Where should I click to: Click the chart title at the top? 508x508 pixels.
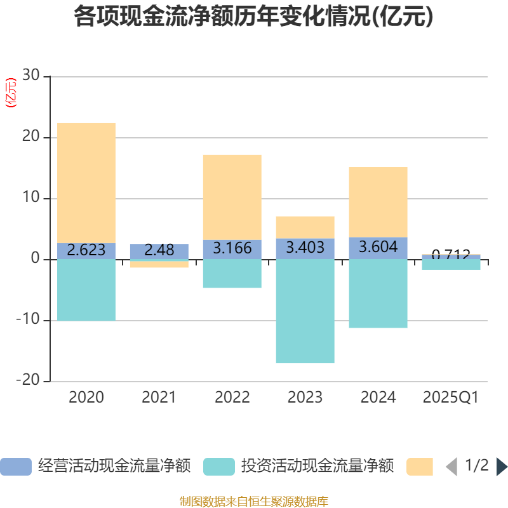(x=254, y=17)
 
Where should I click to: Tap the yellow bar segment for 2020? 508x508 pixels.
(x=86, y=183)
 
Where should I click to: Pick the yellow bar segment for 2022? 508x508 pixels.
(x=232, y=197)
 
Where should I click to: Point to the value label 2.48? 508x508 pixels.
(x=159, y=250)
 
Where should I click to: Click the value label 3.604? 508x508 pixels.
(x=378, y=247)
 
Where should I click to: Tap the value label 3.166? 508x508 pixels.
(x=232, y=248)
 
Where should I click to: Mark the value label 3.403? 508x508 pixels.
(x=305, y=248)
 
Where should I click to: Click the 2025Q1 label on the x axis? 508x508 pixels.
(x=450, y=398)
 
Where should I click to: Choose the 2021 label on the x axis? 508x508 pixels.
(x=159, y=398)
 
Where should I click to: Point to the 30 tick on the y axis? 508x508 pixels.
(x=31, y=76)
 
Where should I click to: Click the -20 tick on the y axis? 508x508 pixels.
(x=29, y=381)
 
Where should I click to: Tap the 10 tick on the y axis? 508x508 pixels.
(x=31, y=198)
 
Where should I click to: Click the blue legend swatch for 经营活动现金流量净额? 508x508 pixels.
(x=15, y=467)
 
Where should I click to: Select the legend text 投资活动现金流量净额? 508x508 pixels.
(x=317, y=467)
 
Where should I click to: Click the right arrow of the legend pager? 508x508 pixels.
(x=502, y=467)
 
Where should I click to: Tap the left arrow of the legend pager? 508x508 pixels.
(x=451, y=467)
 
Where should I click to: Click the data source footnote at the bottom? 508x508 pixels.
(x=254, y=502)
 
